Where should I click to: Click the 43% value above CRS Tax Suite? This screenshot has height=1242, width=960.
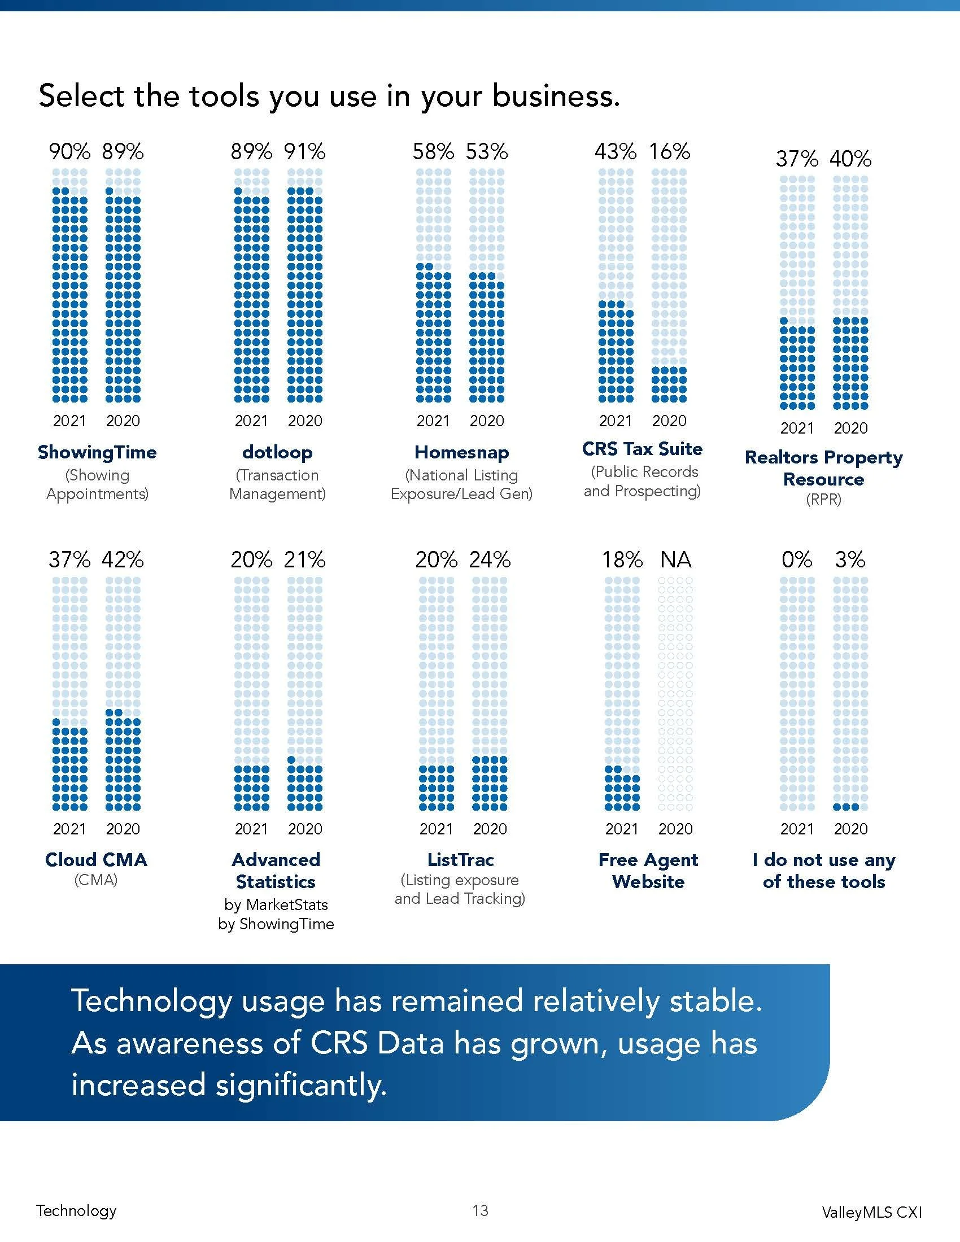(616, 151)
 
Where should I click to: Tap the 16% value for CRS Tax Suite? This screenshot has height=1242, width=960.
(669, 151)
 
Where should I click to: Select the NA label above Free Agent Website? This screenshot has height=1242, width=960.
(675, 559)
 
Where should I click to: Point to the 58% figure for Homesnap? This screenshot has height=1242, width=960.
(433, 151)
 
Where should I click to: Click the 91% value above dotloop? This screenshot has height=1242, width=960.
(305, 151)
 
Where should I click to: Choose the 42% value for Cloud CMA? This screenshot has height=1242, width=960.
(123, 559)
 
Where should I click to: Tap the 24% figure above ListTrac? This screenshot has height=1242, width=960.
(490, 559)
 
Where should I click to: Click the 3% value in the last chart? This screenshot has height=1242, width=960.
(850, 559)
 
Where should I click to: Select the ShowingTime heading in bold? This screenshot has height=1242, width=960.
(97, 452)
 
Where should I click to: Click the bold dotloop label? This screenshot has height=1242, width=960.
(277, 452)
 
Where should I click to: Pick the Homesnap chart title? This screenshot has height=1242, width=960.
(461, 452)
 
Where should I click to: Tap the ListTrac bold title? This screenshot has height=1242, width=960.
(461, 859)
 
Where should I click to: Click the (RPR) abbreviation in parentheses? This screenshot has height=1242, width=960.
(823, 499)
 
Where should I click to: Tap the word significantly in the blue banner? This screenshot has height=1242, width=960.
(301, 1084)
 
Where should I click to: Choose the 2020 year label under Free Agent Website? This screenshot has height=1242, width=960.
(675, 829)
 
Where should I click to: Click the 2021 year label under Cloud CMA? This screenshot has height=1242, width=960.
(69, 829)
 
